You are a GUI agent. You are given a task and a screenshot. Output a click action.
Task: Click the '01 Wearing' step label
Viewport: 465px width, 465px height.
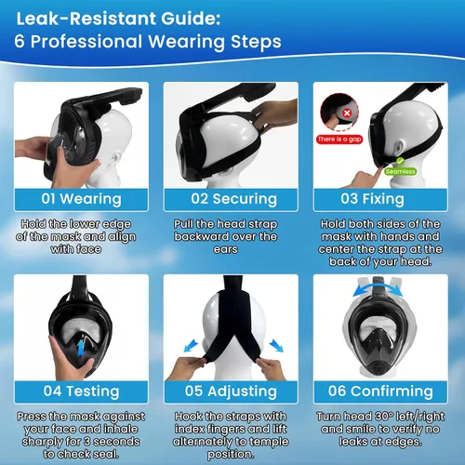(x=81, y=199)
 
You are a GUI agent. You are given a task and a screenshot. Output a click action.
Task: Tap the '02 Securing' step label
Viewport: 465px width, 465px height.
(x=233, y=199)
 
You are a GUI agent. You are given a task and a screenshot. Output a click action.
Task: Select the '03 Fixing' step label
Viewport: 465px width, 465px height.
(x=372, y=199)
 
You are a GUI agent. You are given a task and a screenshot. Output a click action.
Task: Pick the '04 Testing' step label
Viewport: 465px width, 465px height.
(x=81, y=392)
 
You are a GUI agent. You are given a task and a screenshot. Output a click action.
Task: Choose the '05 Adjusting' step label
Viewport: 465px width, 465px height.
(x=231, y=392)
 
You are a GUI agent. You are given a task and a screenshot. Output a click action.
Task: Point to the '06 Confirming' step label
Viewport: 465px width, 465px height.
(x=380, y=392)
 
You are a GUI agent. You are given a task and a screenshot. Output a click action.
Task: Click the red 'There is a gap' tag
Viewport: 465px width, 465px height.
(x=339, y=139)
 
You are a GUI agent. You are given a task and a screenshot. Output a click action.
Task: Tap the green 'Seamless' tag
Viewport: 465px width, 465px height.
(x=400, y=171)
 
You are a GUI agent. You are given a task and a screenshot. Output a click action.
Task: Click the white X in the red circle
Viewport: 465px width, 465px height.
(x=347, y=113)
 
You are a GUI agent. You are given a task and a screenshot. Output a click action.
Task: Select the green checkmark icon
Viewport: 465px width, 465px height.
(x=400, y=161)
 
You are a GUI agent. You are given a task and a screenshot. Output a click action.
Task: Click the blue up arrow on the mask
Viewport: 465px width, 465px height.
(x=81, y=348)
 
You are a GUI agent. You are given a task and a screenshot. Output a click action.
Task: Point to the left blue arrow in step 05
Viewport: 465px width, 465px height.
(x=191, y=346)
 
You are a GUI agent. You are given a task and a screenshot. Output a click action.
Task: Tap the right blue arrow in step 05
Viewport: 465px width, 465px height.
(x=276, y=346)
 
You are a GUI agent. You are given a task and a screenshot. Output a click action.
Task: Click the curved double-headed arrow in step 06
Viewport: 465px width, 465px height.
(x=378, y=286)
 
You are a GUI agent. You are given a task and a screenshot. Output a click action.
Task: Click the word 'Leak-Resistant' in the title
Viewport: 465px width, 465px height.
(x=86, y=19)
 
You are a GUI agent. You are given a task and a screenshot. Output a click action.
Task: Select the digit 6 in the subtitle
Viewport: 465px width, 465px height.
(x=19, y=41)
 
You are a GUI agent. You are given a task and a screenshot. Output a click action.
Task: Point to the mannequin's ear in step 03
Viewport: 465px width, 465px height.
(x=401, y=145)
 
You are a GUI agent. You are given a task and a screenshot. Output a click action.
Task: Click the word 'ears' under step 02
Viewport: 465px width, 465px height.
(x=226, y=249)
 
